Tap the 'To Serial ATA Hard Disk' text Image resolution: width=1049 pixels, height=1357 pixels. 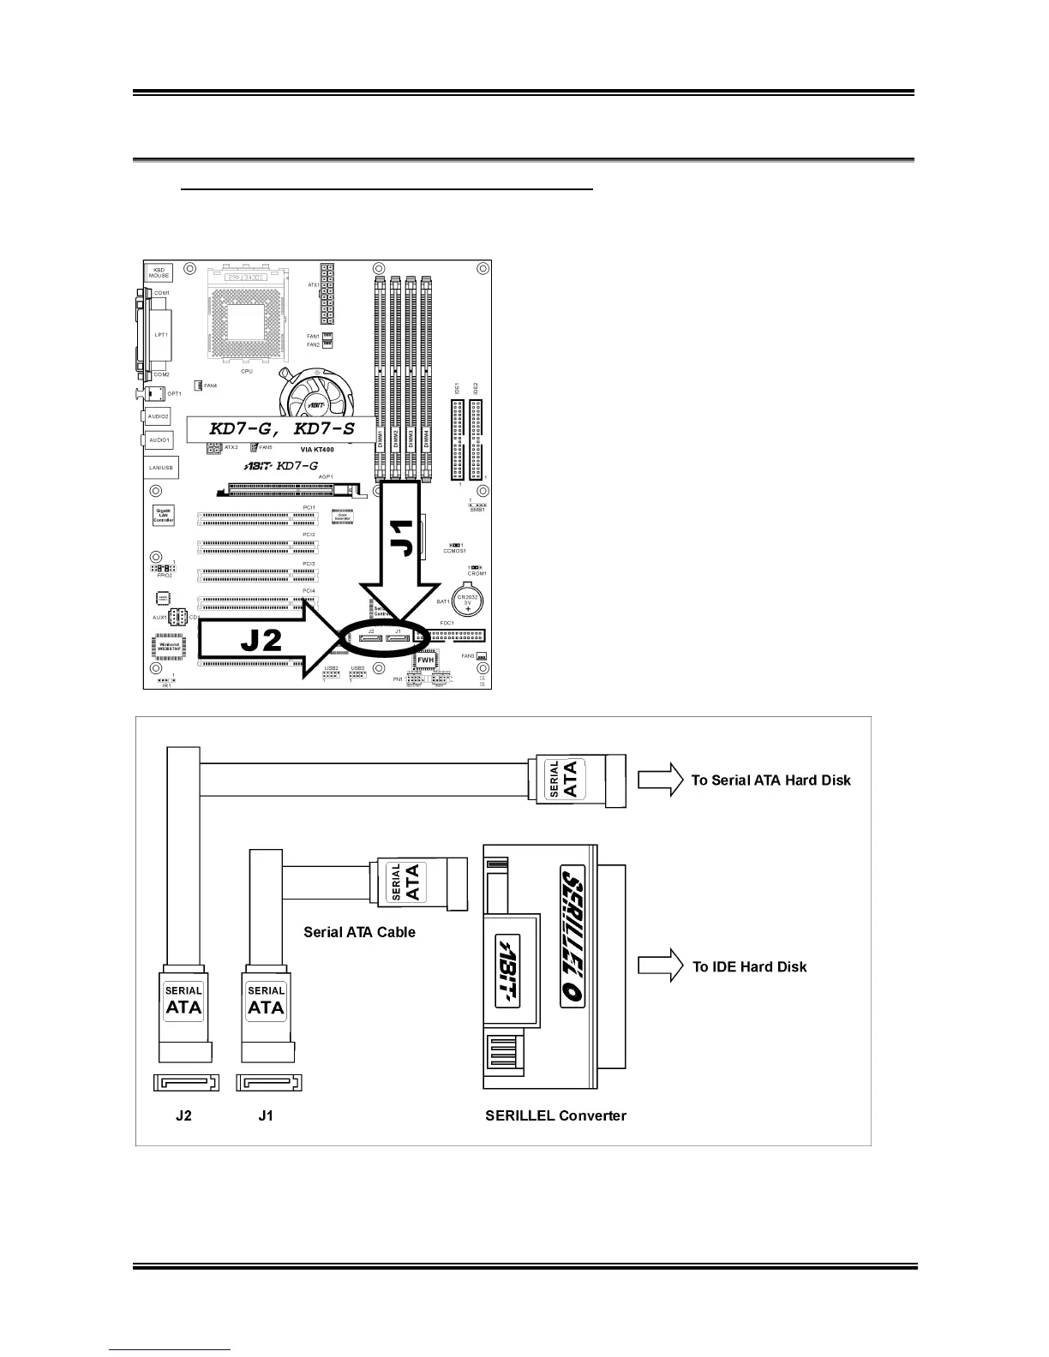click(770, 780)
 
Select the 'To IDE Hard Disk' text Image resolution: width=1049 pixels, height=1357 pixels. click(749, 966)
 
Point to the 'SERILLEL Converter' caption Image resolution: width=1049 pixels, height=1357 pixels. click(555, 1115)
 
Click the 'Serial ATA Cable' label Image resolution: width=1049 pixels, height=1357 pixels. click(359, 932)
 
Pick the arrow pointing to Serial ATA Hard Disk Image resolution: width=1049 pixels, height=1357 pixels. click(660, 780)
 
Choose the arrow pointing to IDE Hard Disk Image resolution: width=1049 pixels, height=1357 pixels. click(661, 965)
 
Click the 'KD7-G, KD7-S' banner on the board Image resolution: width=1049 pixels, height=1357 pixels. click(282, 428)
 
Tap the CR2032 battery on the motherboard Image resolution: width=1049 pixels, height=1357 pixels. click(468, 601)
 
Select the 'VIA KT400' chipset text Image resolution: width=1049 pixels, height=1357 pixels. click(317, 449)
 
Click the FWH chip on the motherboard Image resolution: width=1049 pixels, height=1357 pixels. click(426, 661)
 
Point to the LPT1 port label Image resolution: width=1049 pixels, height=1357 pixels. click(161, 335)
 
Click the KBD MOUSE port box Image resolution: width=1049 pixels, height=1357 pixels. click(159, 273)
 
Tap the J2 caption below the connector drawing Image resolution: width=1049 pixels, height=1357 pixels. click(183, 1115)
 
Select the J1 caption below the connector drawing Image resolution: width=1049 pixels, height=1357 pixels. click(266, 1115)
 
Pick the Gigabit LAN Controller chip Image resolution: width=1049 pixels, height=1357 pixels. click(164, 516)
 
